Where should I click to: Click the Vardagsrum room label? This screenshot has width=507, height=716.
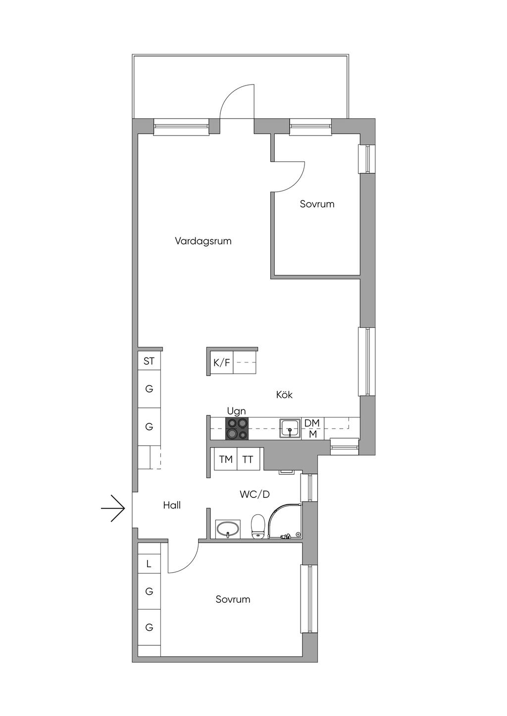pos(203,241)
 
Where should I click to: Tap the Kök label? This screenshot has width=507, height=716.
pos(284,395)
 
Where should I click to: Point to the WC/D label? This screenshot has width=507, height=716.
pos(254,494)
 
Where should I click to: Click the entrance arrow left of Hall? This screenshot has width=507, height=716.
pos(113,508)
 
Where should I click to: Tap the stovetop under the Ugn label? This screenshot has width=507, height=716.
pos(237,429)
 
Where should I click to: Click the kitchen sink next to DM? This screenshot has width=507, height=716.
pos(290,428)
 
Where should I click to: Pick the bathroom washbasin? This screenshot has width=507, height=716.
pos(228,529)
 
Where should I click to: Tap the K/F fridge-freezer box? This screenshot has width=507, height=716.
pos(221,363)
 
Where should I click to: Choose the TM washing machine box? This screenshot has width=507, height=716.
pos(226,459)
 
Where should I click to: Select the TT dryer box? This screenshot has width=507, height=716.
pos(248,459)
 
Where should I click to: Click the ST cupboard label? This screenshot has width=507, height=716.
pos(149,361)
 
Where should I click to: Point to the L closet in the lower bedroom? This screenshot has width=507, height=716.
pos(149,564)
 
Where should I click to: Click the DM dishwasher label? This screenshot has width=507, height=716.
pos(312,423)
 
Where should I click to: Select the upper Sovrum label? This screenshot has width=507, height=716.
pos(317,204)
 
